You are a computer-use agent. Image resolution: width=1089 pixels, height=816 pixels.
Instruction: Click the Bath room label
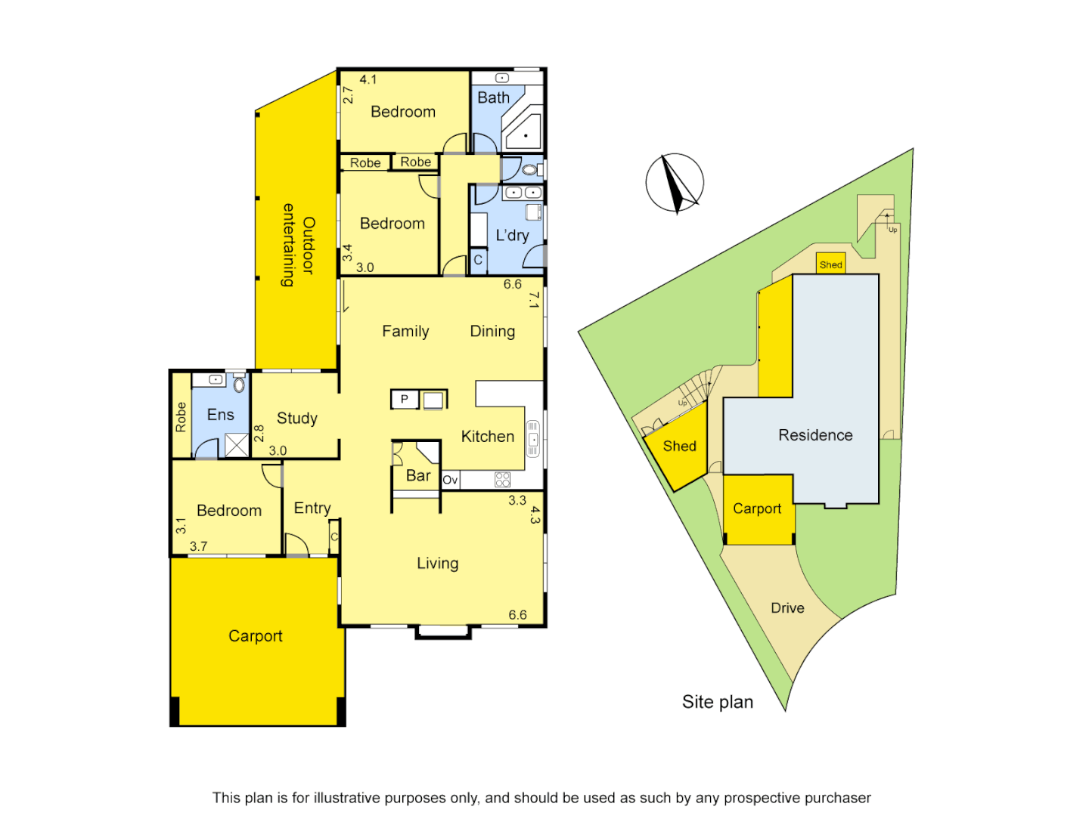[x=493, y=98]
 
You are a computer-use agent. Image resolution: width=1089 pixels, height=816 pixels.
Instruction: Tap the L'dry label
[x=512, y=236]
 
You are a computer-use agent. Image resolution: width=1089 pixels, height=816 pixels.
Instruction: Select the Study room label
[x=296, y=419]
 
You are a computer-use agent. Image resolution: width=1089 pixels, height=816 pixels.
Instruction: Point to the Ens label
[x=220, y=415]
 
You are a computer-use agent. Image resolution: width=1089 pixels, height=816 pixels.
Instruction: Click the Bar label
[x=418, y=476]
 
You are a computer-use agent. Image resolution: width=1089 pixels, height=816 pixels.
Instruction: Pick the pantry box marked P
[x=405, y=400]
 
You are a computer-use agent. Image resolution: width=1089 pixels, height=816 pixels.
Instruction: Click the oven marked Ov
[x=451, y=480]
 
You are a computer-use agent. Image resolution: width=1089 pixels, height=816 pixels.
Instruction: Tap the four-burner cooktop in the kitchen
[x=503, y=479]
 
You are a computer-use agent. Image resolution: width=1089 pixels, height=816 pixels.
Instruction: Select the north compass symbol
[x=675, y=184]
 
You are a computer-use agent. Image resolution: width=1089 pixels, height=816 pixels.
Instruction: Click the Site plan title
[x=717, y=703]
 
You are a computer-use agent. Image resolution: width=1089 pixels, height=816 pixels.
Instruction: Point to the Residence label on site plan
[x=815, y=435]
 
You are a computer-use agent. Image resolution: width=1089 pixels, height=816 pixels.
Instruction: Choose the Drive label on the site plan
[x=787, y=608]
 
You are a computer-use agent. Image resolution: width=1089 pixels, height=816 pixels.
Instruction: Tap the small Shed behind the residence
[x=830, y=264]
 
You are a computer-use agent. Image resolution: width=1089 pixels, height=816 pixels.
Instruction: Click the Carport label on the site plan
[x=757, y=509]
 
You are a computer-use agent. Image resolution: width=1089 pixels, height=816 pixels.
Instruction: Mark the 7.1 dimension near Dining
[x=534, y=300]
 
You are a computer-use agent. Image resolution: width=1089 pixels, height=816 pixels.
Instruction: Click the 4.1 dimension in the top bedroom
[x=368, y=79]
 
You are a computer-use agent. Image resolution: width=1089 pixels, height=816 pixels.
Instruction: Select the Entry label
[x=312, y=508]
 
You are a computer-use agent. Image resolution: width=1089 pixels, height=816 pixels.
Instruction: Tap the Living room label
[x=437, y=564]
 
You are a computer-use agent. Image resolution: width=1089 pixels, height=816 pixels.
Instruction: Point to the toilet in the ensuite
[x=239, y=385]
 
